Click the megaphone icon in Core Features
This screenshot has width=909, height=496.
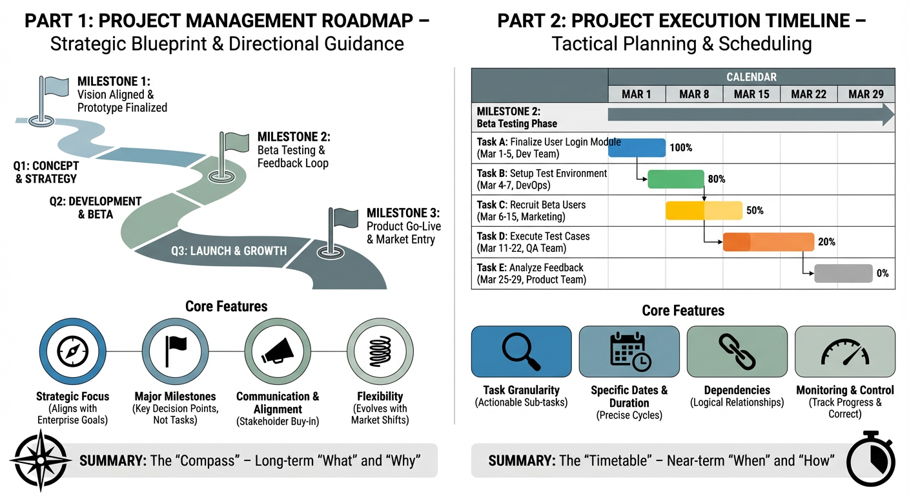click(277, 351)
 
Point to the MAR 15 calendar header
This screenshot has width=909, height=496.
click(751, 94)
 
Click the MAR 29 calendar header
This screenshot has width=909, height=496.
click(866, 94)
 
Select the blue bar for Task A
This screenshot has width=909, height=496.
click(637, 148)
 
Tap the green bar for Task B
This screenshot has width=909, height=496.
click(676, 179)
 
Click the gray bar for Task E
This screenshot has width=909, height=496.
click(843, 273)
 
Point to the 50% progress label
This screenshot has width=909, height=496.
click(755, 211)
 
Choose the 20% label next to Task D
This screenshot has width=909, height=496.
click(826, 242)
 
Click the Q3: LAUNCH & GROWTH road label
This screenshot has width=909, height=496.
click(229, 251)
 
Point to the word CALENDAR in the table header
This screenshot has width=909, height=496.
click(751, 77)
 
